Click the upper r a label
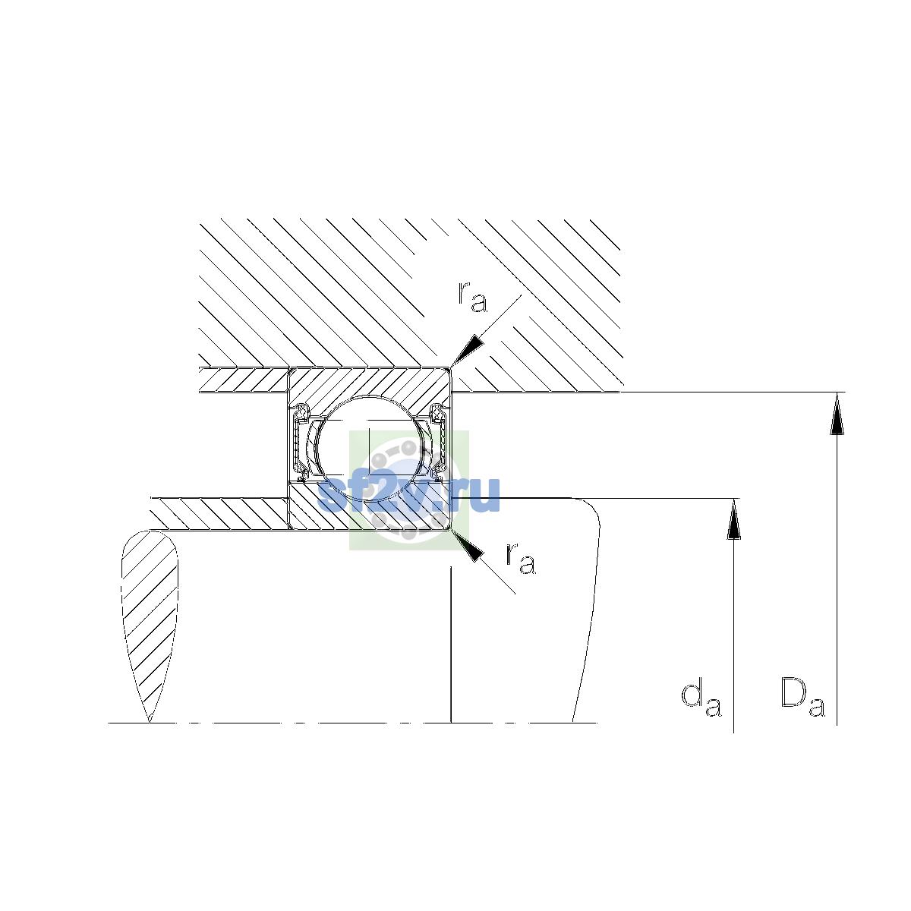tap(471, 297)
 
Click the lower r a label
tap(521, 559)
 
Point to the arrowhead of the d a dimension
tap(733, 519)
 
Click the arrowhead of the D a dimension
tap(837, 413)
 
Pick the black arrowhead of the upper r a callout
tap(468, 350)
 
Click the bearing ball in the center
tap(370, 448)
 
